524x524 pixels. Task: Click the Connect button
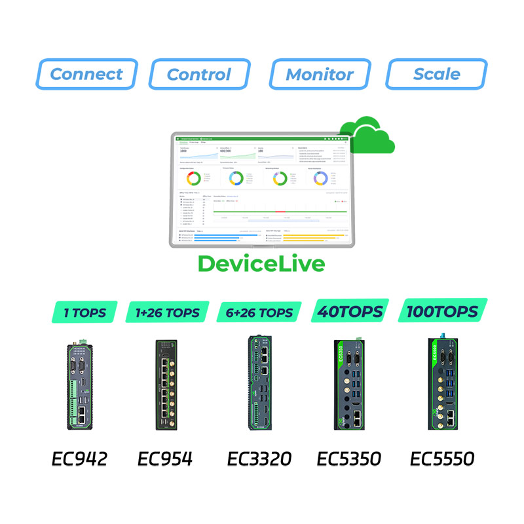pyautogui.click(x=87, y=74)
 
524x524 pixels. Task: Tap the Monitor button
pyautogui.click(x=320, y=74)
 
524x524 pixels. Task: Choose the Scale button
pyautogui.click(x=437, y=74)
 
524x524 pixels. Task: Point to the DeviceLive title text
pyautogui.click(x=261, y=264)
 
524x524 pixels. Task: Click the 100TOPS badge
pyautogui.click(x=442, y=311)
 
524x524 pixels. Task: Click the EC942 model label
pyautogui.click(x=79, y=458)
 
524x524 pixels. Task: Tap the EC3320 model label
pyautogui.click(x=259, y=458)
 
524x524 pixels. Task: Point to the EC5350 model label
pyautogui.click(x=348, y=458)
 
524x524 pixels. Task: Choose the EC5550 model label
pyautogui.click(x=442, y=458)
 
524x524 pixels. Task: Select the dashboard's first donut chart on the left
pyautogui.click(x=193, y=178)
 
